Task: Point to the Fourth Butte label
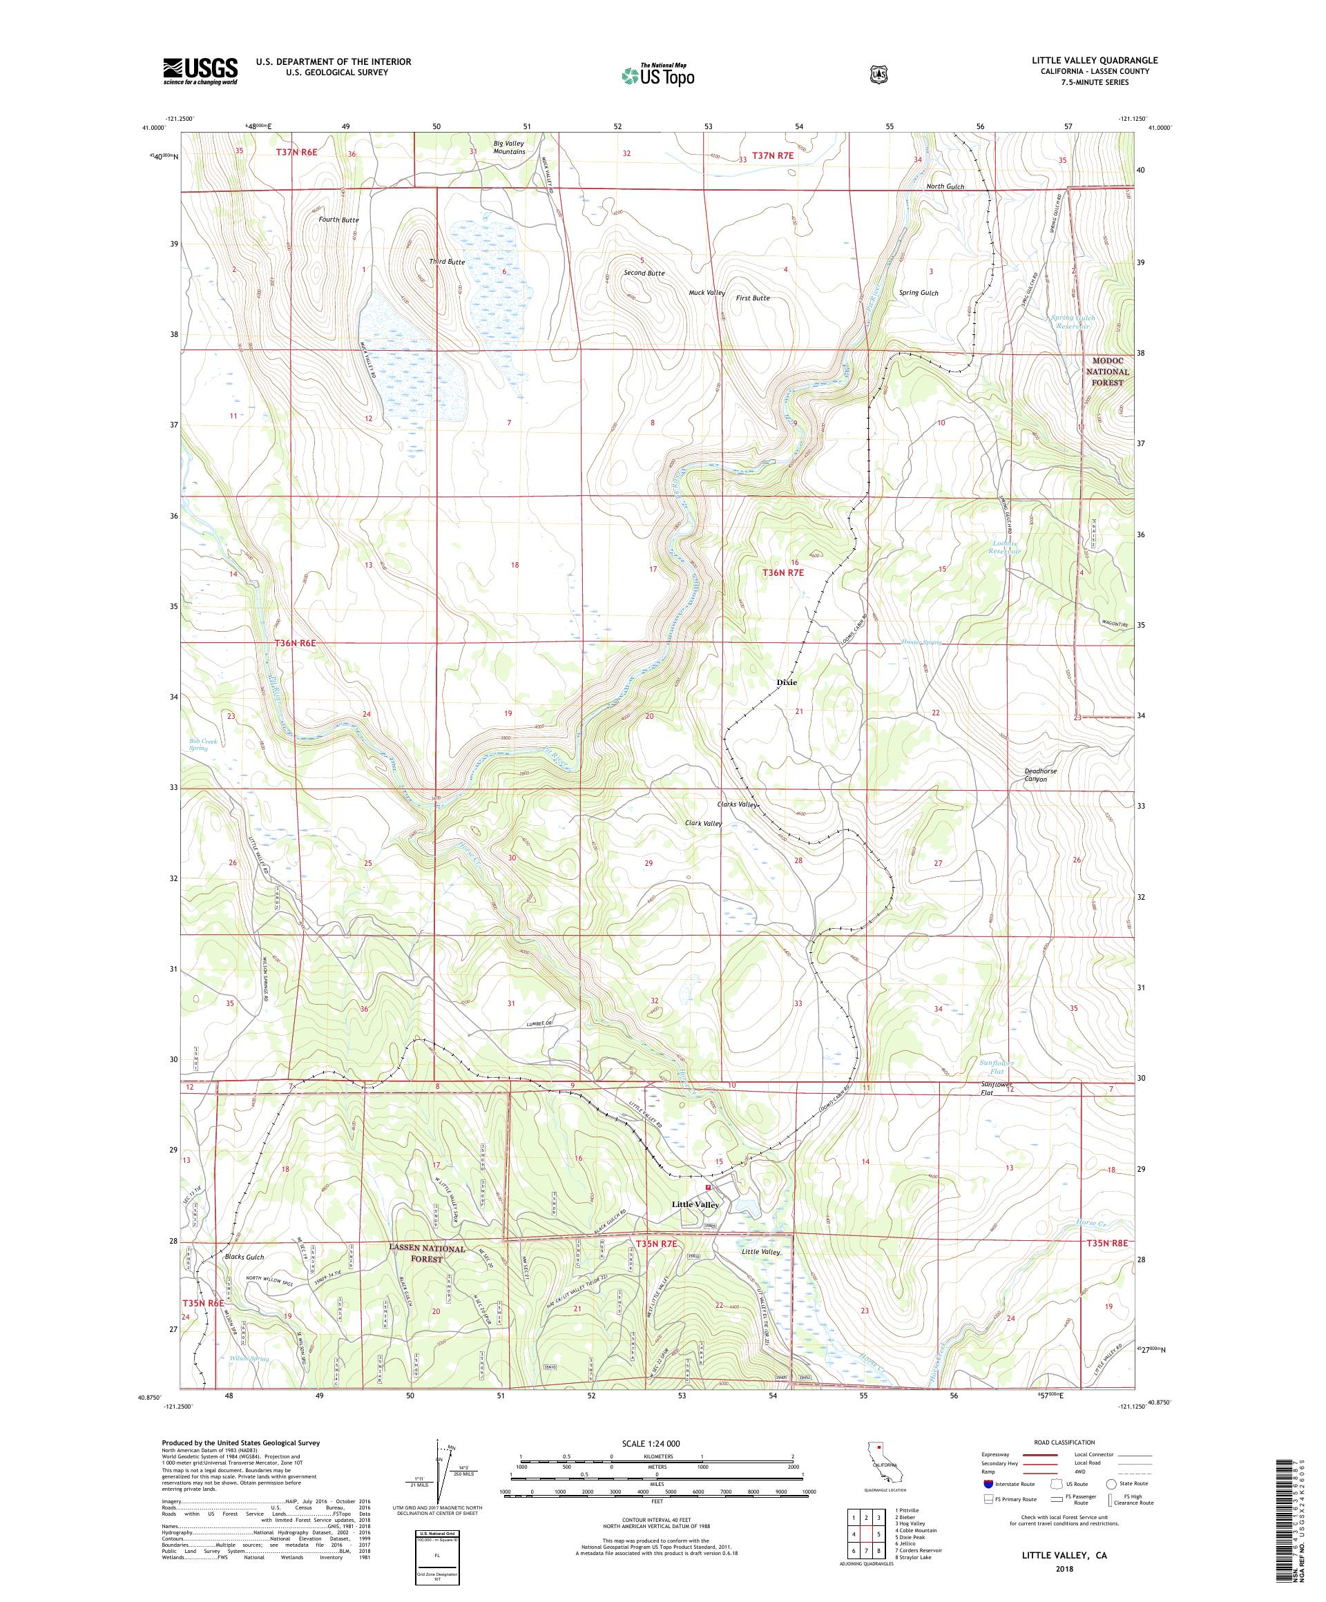(338, 220)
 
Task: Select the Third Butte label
(446, 262)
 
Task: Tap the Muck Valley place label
(707, 293)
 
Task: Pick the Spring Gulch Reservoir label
(1073, 321)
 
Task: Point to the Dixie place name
(787, 682)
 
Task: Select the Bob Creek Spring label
(198, 744)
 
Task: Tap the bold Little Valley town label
(695, 1226)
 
